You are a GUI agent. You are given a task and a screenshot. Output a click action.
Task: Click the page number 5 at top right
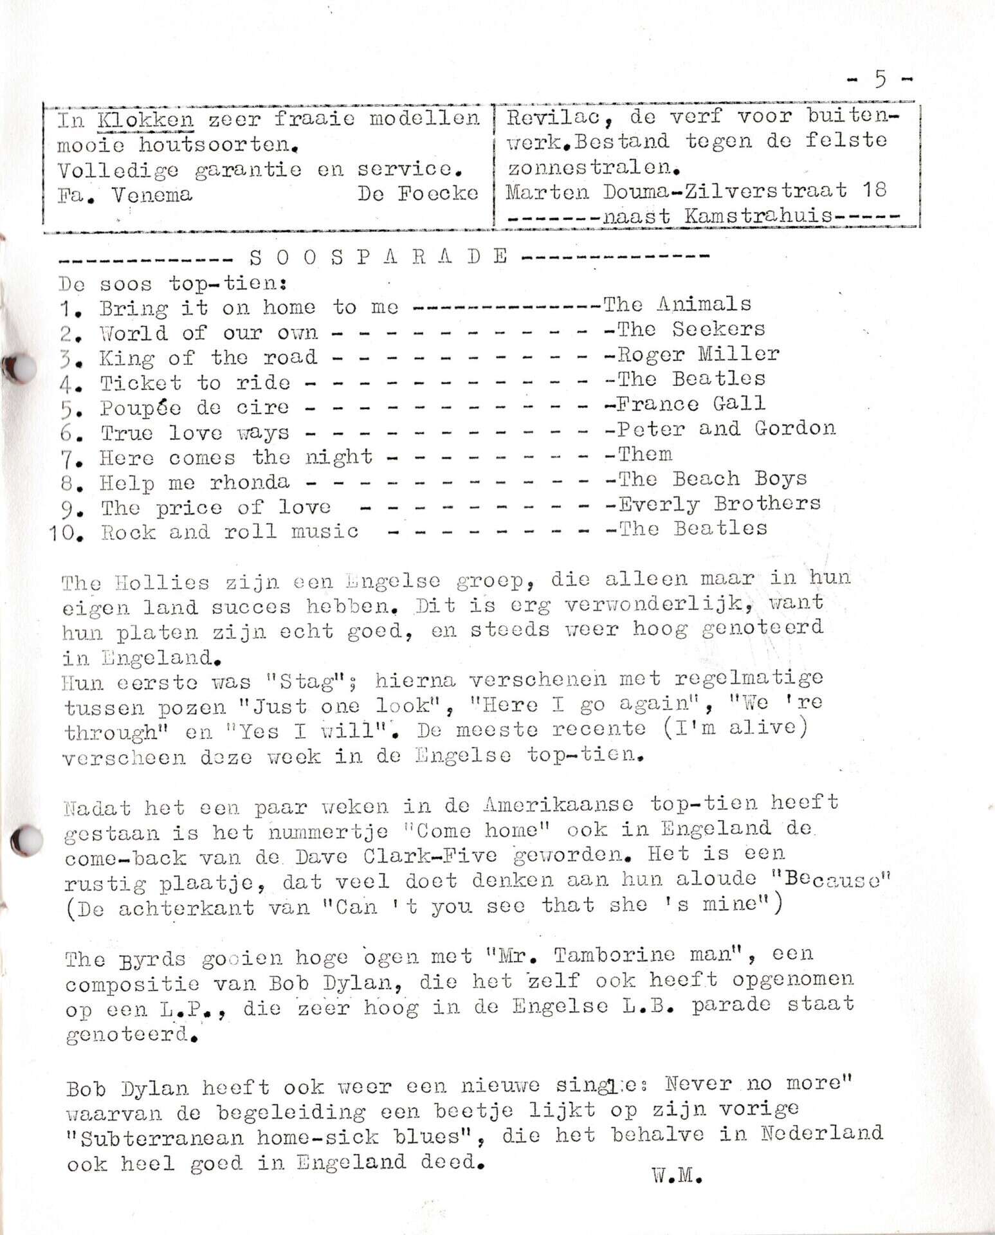(x=880, y=79)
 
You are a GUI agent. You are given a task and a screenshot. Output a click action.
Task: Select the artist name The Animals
(x=677, y=304)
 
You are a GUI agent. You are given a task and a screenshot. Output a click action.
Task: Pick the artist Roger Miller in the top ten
(x=698, y=354)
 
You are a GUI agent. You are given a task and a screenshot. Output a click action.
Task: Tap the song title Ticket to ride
(x=194, y=383)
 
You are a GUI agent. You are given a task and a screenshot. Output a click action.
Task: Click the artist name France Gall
(x=691, y=404)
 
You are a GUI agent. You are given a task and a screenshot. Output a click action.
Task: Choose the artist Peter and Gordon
(x=726, y=428)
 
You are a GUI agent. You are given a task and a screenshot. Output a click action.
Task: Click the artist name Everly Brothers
(x=719, y=504)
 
